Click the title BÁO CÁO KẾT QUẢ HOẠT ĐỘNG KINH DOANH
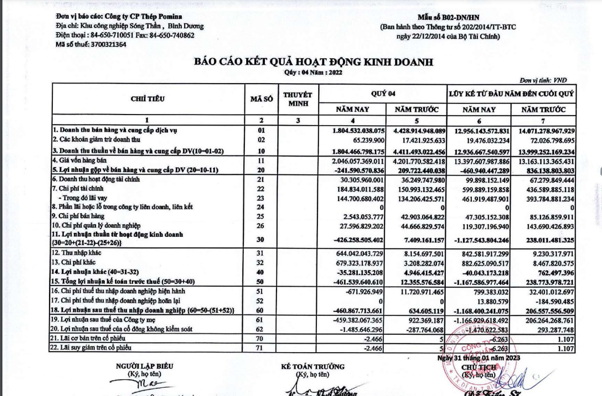314,62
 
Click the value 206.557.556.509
544,311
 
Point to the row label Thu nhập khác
77,253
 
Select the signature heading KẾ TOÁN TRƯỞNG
313,367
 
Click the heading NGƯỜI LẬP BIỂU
145,366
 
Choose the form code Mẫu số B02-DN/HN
448,18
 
